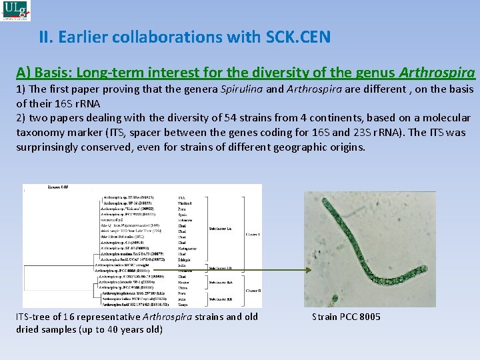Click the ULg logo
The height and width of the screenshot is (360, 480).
(15, 11)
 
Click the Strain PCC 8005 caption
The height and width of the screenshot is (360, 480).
(346, 317)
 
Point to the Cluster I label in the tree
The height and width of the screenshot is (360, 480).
(253, 235)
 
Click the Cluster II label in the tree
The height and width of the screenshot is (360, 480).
(253, 291)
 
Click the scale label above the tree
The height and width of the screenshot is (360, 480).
(56, 189)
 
